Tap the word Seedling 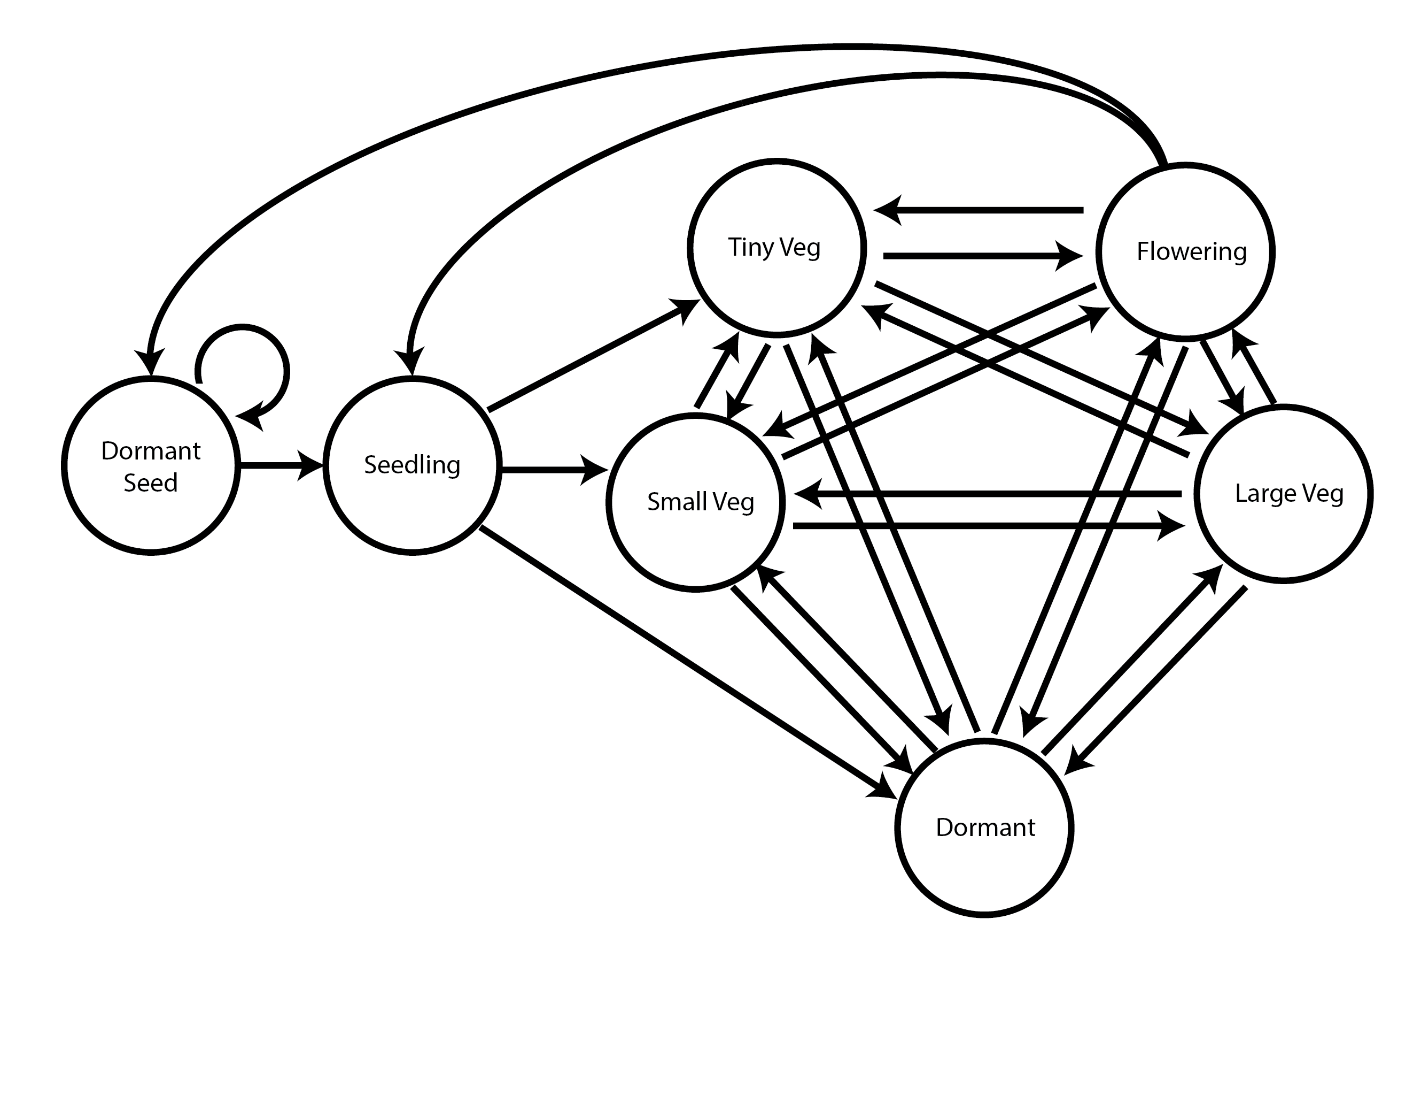(x=412, y=465)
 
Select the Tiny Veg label (x=774, y=248)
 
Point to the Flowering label (x=1191, y=251)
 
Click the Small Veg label (x=701, y=502)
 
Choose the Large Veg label (x=1289, y=494)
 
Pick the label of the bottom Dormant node (x=985, y=828)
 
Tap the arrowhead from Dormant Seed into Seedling (x=311, y=465)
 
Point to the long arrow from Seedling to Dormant (x=683, y=657)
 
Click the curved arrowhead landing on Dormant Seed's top (x=150, y=362)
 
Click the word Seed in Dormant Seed (x=150, y=483)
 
